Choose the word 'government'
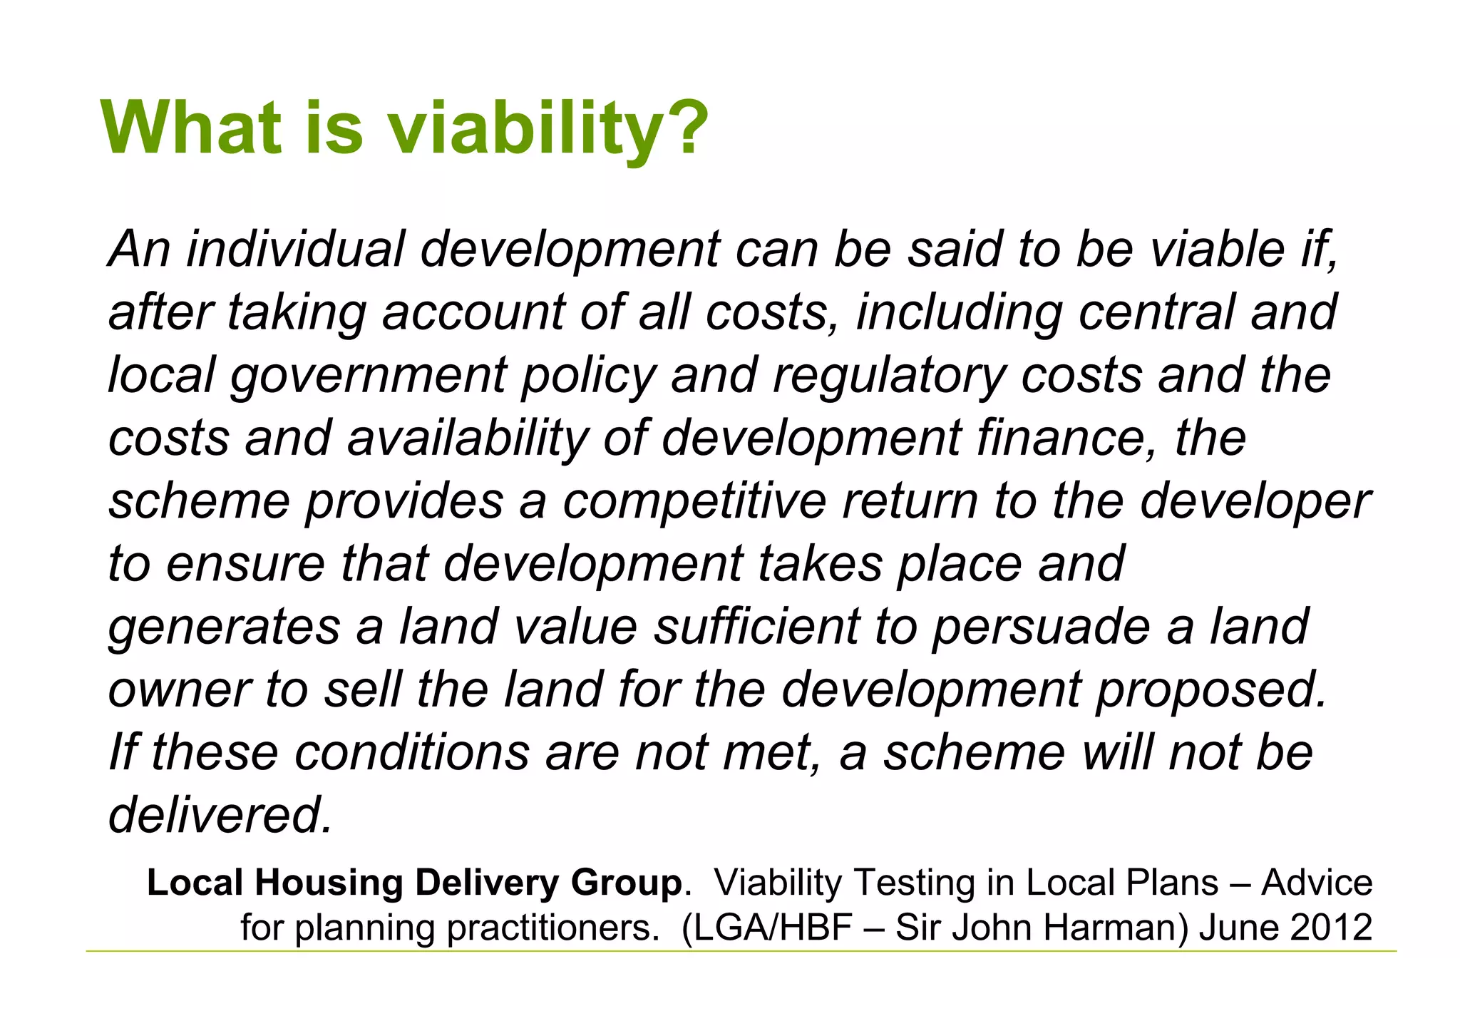[x=368, y=376]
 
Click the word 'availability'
[x=468, y=438]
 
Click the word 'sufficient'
[x=756, y=627]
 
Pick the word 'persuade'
[x=1041, y=627]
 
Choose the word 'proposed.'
[x=1211, y=689]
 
